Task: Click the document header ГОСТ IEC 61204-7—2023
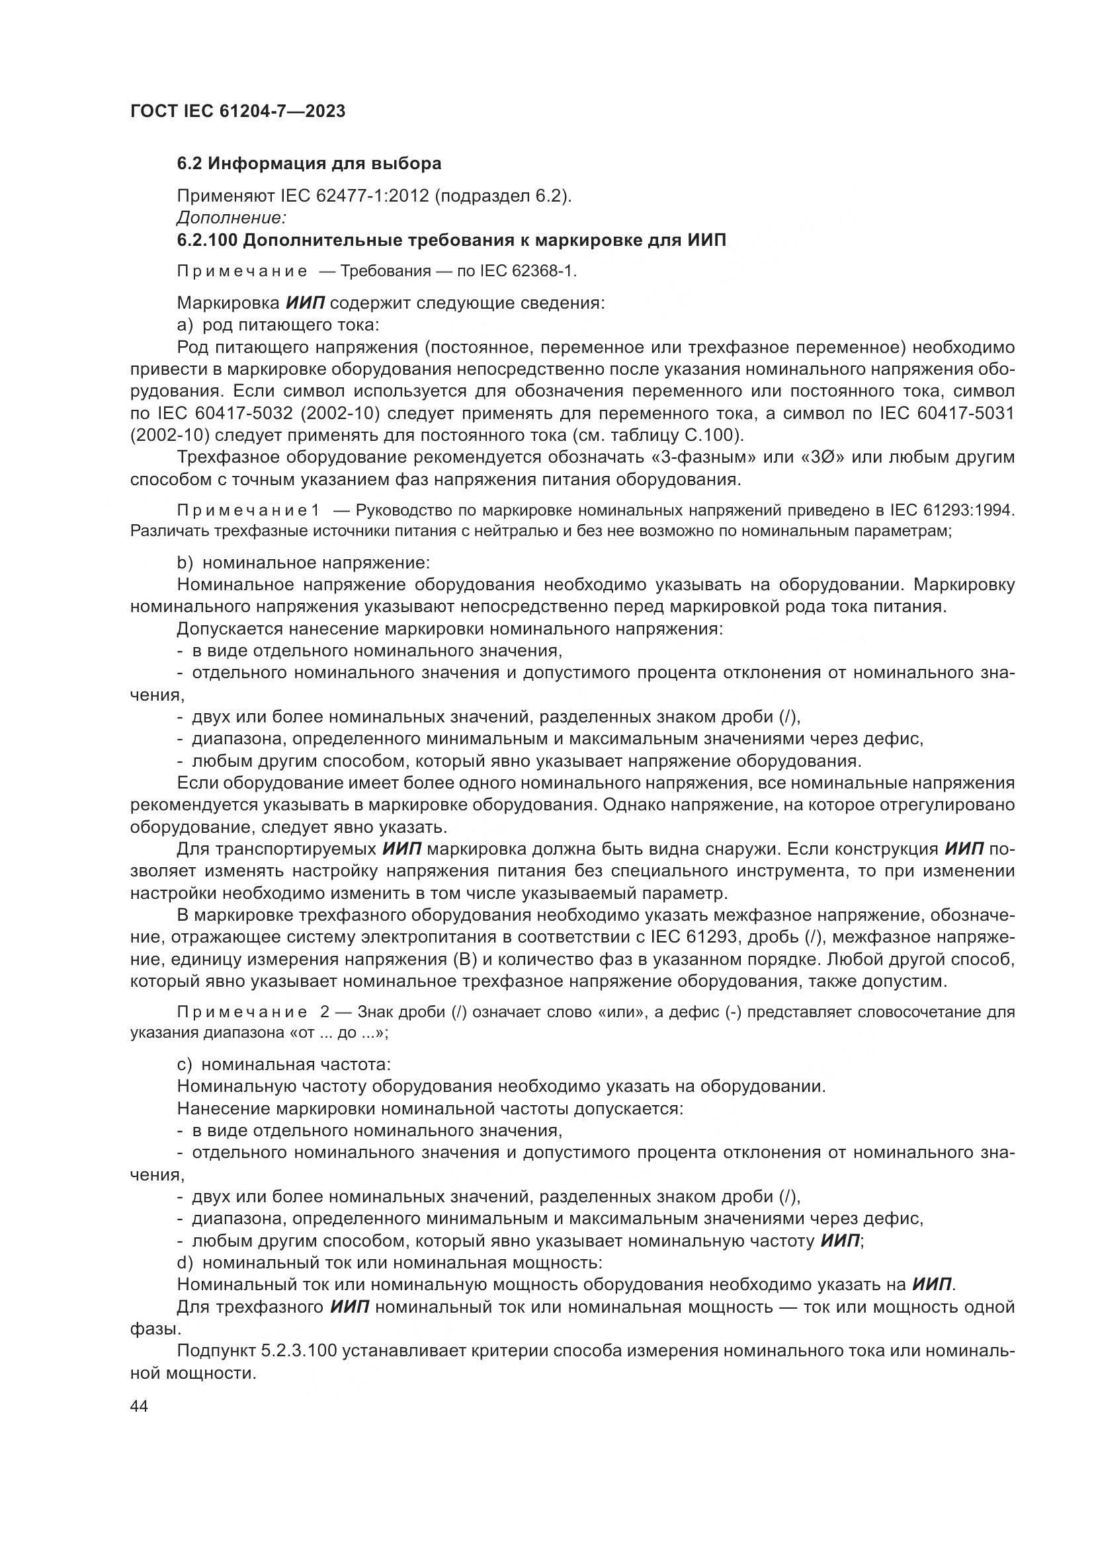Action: (x=237, y=111)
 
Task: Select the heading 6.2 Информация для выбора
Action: (x=309, y=164)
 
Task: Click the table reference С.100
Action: (x=716, y=435)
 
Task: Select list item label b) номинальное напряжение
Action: (x=302, y=562)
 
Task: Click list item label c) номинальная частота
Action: (x=284, y=1065)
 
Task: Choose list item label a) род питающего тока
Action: (x=278, y=325)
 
